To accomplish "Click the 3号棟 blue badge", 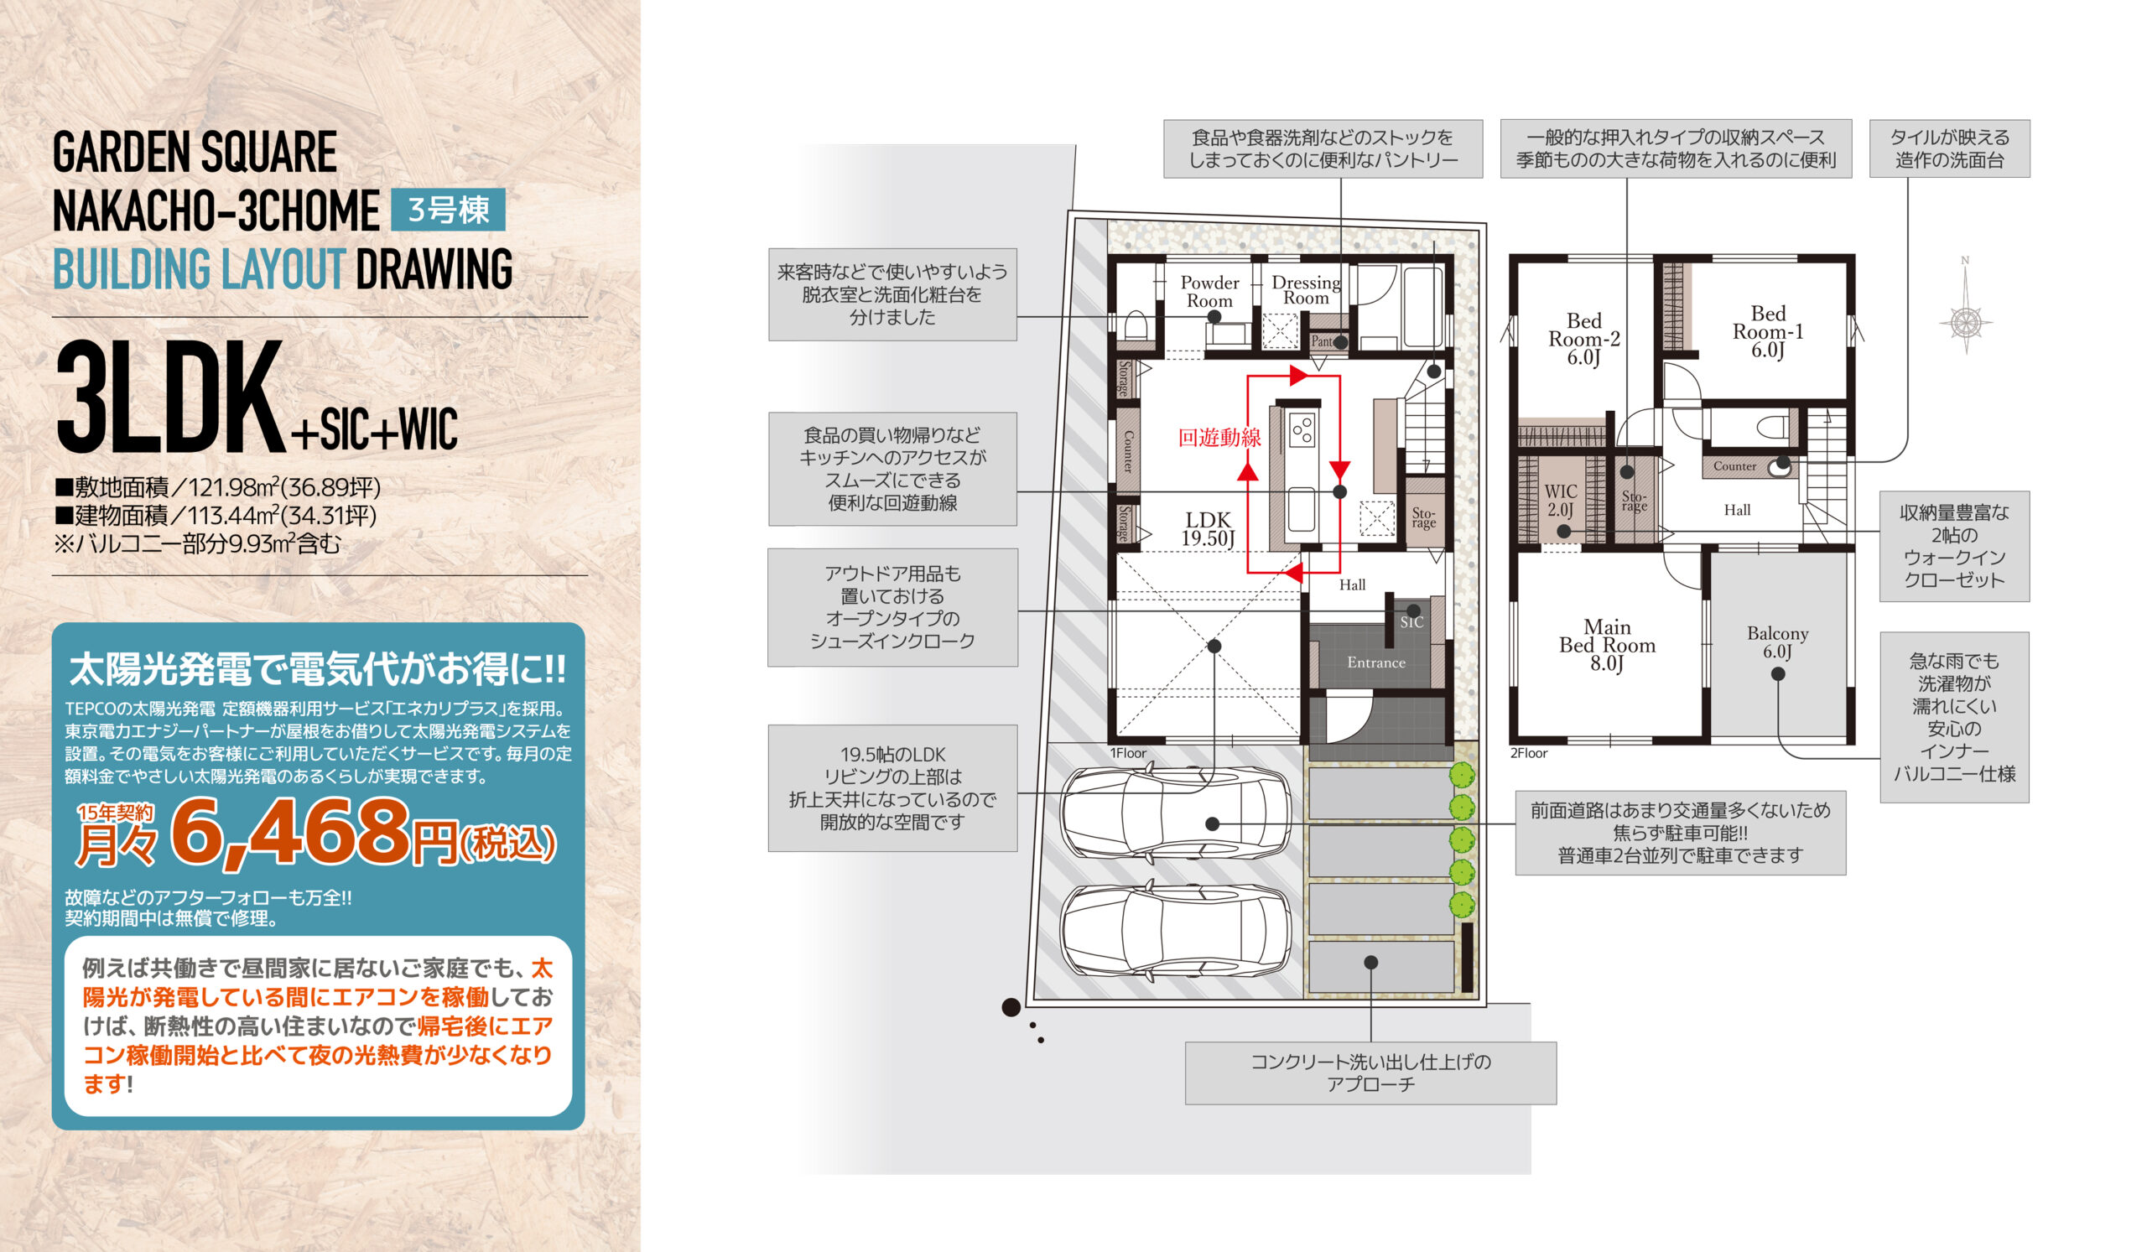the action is (448, 210).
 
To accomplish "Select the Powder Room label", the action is (1209, 291).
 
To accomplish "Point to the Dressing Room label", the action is (1305, 290).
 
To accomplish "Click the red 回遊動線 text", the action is (1219, 438).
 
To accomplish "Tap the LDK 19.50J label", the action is (1209, 529).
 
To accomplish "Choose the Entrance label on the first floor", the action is (1376, 662).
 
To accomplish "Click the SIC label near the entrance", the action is (1411, 622).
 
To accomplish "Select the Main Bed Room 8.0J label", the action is (1607, 645).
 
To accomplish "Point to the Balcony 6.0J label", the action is (1777, 642).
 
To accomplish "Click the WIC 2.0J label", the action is (1560, 501).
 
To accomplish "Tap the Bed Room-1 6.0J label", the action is (1768, 332).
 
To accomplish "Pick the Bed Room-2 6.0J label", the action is (1584, 339).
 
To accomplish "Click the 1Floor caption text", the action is (1127, 753).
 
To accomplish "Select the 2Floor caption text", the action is (1528, 753).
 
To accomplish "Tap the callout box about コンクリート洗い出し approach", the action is (1370, 1073).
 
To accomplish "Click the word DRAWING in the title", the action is (434, 269).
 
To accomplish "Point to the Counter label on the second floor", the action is (1734, 466).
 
